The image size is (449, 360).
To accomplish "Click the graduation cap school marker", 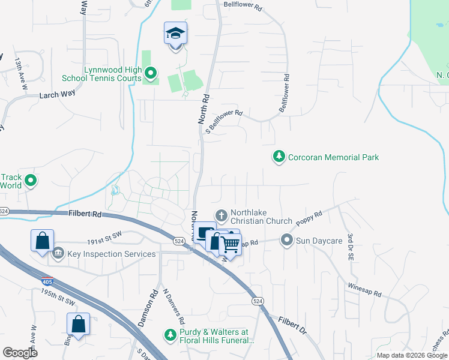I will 175,33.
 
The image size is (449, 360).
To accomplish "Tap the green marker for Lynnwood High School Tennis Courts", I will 151,74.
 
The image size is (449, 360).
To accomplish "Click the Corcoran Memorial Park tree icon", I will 279,157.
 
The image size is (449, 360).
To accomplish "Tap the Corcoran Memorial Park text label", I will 333,157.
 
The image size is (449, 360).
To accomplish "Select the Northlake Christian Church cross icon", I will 221,215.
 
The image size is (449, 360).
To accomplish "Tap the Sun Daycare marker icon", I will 287,241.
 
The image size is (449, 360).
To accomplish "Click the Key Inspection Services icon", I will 58,253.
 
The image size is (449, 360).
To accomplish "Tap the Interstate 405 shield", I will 46,281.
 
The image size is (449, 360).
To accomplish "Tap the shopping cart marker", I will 229,244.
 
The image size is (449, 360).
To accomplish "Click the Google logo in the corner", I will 20,353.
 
